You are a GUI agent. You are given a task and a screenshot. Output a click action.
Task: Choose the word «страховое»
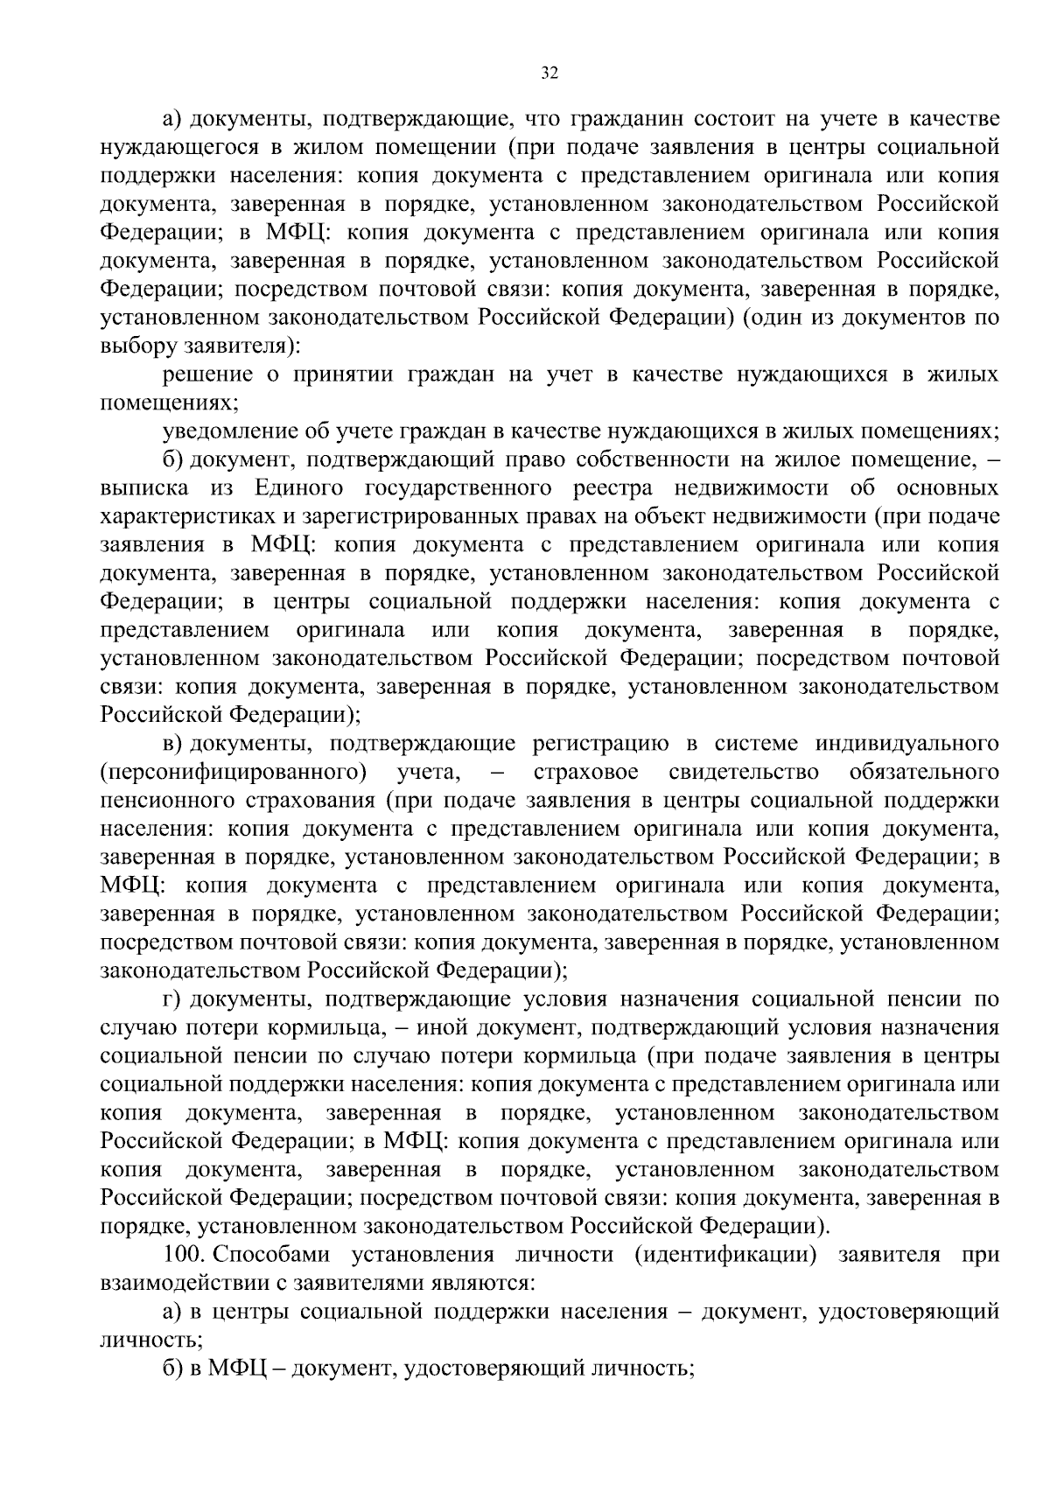(584, 773)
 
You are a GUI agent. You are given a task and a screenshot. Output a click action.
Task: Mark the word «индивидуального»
(906, 744)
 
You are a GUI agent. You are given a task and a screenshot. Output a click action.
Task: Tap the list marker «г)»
(172, 999)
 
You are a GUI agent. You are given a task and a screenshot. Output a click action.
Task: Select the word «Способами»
(272, 1255)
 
